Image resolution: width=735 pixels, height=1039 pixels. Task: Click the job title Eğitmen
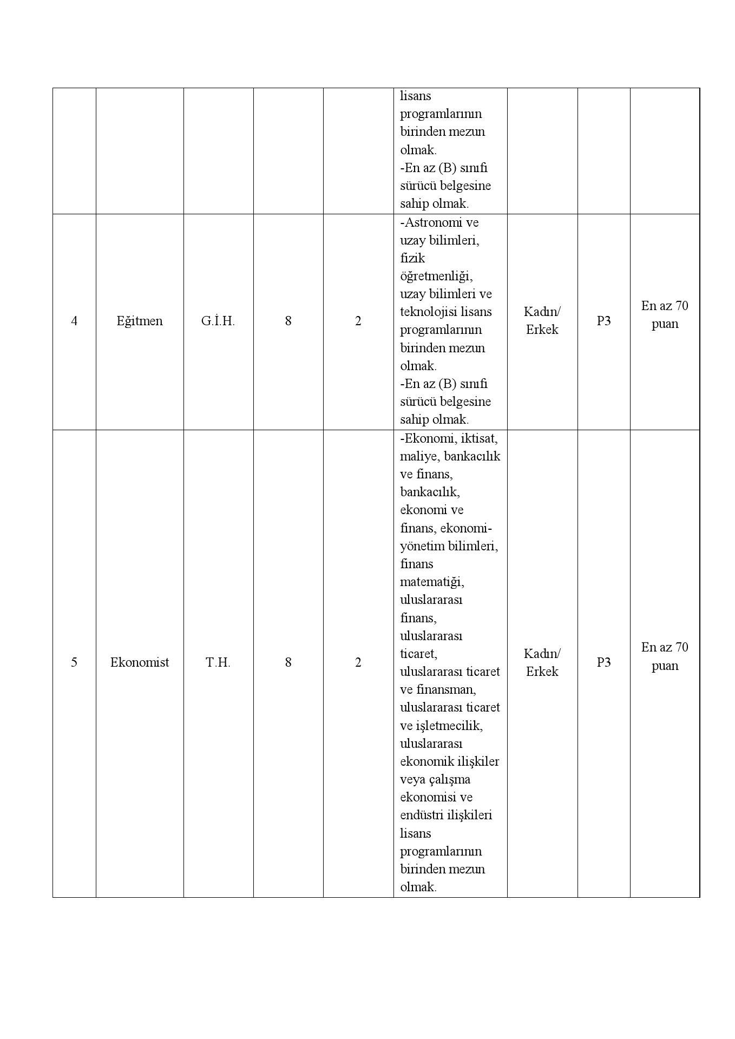tap(140, 321)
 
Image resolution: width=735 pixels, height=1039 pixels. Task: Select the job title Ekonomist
tap(140, 662)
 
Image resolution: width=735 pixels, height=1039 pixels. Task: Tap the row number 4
tap(74, 321)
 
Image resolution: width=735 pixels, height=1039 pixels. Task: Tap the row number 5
tap(74, 662)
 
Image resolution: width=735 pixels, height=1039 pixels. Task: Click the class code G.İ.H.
tap(218, 321)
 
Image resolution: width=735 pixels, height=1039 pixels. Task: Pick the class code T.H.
tap(218, 662)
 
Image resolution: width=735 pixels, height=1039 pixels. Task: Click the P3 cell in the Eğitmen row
tap(603, 321)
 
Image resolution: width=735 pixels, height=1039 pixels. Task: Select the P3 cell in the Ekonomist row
tap(603, 662)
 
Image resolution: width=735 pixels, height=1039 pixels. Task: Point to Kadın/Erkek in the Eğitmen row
tap(542, 320)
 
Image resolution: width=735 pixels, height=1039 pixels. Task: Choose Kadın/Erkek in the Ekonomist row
tap(542, 662)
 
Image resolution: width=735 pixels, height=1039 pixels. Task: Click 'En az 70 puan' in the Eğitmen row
tap(665, 315)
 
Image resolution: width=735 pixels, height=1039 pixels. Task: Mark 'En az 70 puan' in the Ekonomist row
tap(665, 656)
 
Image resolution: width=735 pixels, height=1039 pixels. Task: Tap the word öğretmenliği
tap(436, 276)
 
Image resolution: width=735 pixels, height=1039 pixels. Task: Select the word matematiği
tap(431, 582)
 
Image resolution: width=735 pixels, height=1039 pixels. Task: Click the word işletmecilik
tap(448, 725)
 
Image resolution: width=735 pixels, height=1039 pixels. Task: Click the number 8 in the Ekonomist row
tap(288, 662)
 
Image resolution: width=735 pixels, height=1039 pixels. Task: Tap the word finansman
tap(445, 689)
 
